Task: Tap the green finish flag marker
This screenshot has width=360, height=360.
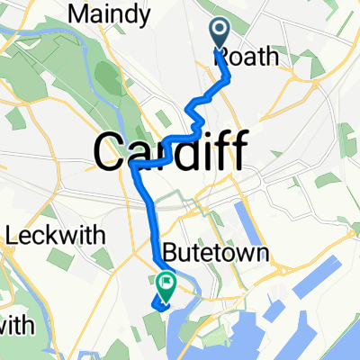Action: (167, 283)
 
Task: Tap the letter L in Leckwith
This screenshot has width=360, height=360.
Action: (13, 237)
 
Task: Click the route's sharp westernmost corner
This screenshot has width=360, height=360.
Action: (133, 166)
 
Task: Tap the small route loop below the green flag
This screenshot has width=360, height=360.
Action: (162, 303)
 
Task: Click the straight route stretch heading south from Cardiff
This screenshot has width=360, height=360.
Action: (150, 216)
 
